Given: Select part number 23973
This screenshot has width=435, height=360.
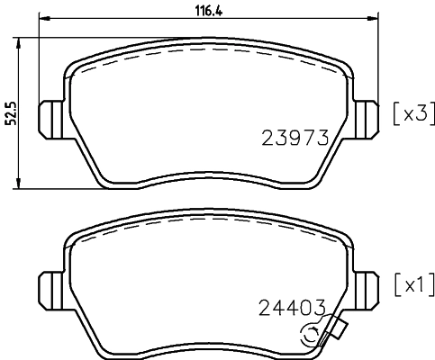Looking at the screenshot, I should tap(292, 138).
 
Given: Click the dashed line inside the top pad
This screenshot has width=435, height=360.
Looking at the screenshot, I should tap(207, 56).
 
